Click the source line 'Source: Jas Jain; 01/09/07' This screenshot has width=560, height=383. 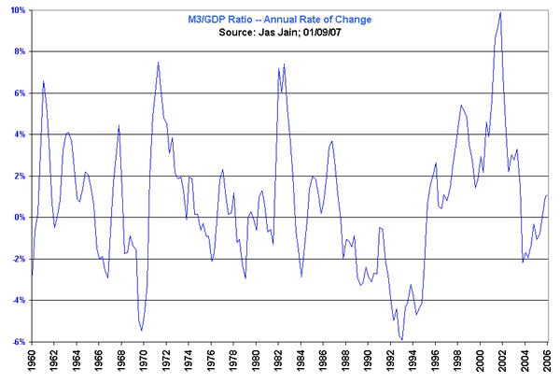281,32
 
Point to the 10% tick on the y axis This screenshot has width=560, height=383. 19,9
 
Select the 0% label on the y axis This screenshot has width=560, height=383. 21,217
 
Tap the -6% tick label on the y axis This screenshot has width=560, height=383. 19,341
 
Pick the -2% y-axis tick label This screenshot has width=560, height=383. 19,259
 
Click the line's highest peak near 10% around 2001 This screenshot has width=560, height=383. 501,12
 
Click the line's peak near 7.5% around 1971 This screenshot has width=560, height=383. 159,62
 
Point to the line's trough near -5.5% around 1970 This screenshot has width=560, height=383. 142,331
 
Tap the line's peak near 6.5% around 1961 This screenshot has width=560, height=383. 43,81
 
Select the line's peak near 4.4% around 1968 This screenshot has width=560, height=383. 119,125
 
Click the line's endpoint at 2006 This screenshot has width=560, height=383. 548,195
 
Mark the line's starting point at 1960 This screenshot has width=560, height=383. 32,275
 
